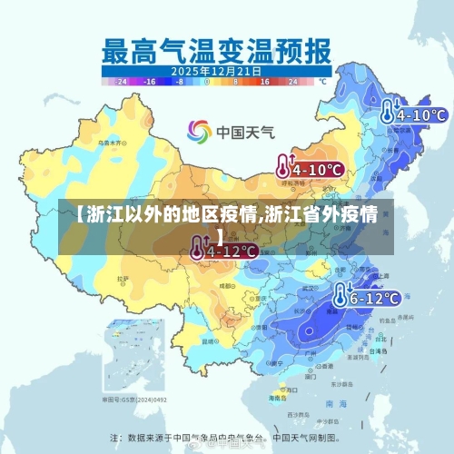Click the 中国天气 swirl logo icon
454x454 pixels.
(199, 131)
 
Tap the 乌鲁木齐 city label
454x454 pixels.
(111, 143)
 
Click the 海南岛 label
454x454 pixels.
(277, 398)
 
